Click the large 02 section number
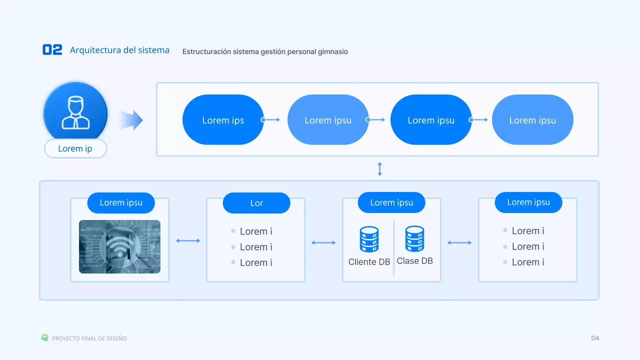(52, 49)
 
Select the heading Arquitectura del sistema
(119, 50)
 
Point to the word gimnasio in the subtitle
(332, 51)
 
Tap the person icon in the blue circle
(75, 112)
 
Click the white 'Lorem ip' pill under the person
(75, 148)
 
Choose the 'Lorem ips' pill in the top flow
(223, 120)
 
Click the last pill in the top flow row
(532, 120)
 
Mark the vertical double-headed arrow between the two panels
(379, 168)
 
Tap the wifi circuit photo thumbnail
(119, 246)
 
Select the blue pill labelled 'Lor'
(256, 203)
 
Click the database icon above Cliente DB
(369, 239)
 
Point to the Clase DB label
(414, 261)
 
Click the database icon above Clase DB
(414, 238)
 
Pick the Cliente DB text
(369, 262)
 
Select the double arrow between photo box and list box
(188, 241)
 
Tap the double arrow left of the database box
(323, 243)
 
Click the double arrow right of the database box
(459, 243)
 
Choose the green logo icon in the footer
(44, 338)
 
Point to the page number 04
(595, 338)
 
